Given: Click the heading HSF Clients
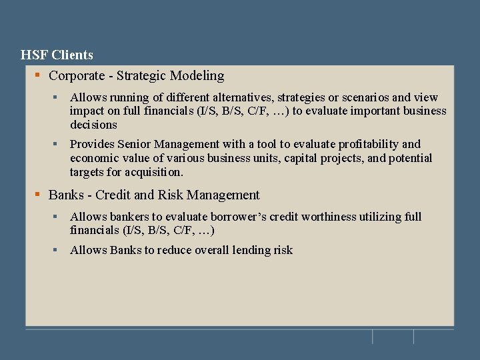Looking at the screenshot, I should (57, 55).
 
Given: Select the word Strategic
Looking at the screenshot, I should (141, 76).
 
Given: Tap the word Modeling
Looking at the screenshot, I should (197, 76).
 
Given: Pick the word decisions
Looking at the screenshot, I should (93, 125).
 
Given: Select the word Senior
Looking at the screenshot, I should (135, 144).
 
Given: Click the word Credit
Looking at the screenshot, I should (113, 195).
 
